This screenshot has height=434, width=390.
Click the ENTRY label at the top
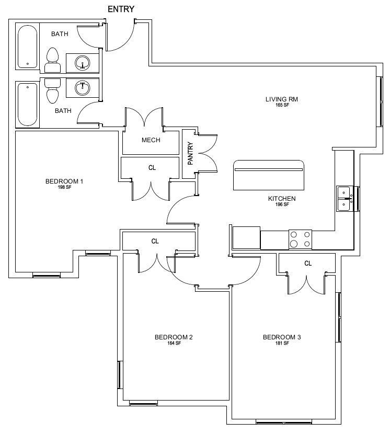(121, 9)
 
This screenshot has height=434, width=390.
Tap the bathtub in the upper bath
(27, 47)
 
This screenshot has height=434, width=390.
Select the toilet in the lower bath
(52, 91)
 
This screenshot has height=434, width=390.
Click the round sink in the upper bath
(82, 63)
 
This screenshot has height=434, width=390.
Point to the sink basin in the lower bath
(82, 88)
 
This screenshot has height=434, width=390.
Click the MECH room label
(151, 140)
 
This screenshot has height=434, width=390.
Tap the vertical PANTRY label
(190, 154)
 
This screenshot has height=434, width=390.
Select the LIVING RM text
(281, 99)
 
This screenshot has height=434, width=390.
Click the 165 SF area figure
(282, 105)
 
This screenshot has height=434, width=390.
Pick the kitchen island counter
(269, 175)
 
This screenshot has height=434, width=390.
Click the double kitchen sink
(345, 199)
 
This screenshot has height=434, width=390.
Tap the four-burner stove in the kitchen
(300, 239)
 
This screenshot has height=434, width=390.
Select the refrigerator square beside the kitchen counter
(246, 238)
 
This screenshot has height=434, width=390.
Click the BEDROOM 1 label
(64, 181)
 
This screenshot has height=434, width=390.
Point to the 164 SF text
(174, 343)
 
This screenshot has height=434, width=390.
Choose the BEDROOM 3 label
(282, 337)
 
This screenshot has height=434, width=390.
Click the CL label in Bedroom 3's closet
(308, 263)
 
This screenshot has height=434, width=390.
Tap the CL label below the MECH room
(152, 168)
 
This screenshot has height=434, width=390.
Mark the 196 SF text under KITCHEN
(282, 204)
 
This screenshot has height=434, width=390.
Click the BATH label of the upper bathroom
(60, 34)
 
